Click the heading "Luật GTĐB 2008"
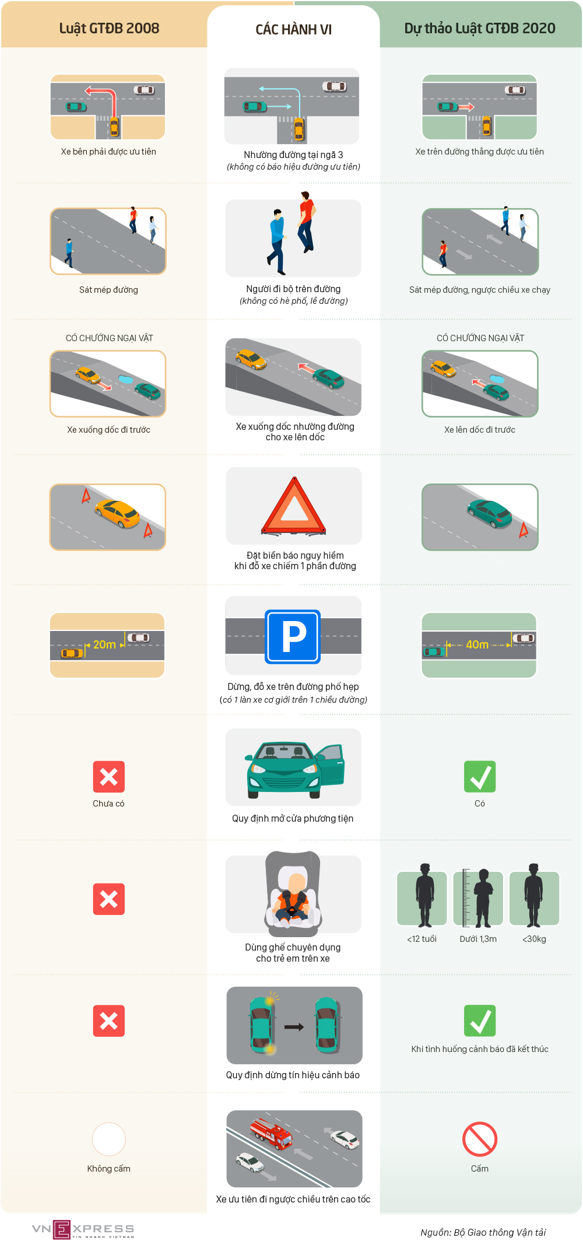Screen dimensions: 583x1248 coord(109,29)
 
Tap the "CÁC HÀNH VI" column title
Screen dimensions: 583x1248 coord(294,29)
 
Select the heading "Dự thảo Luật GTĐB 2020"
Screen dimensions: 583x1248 coord(480,29)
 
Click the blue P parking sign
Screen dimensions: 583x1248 coord(293,637)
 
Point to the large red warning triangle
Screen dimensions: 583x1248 coord(294,506)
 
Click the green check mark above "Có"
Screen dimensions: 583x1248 coord(480,777)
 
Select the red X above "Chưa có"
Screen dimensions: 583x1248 coord(108,777)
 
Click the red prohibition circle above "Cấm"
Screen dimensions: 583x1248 coord(480,1139)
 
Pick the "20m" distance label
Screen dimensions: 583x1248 coord(104,644)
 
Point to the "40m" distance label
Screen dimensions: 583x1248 coord(477,644)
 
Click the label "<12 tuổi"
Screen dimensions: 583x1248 coord(422,939)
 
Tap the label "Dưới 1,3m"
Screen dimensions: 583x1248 coord(478,939)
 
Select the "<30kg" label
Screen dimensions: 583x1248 coord(534,939)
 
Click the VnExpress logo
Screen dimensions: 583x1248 coord(83,1229)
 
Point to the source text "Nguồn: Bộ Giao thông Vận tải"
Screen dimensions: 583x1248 coord(483,1232)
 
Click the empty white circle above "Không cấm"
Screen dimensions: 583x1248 coord(109,1139)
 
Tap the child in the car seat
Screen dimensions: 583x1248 coord(293,898)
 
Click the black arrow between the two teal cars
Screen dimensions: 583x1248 coord(294,1027)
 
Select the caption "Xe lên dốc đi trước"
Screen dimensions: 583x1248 coord(480,430)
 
